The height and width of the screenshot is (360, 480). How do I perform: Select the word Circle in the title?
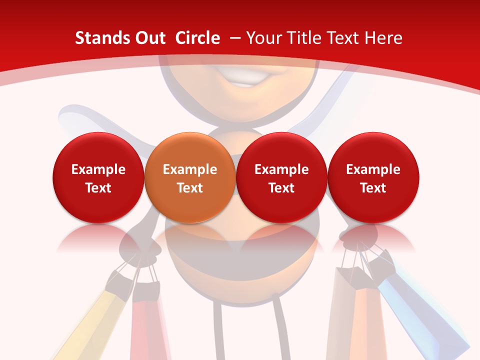click(197, 38)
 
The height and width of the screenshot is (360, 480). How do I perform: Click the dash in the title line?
click(235, 38)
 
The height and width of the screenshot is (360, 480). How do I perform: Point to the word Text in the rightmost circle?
click(373, 188)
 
